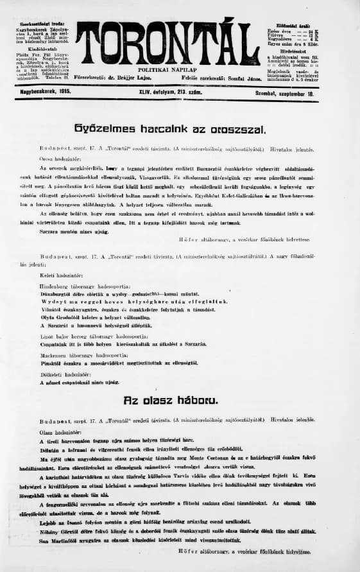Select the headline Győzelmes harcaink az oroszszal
point(180,128)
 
